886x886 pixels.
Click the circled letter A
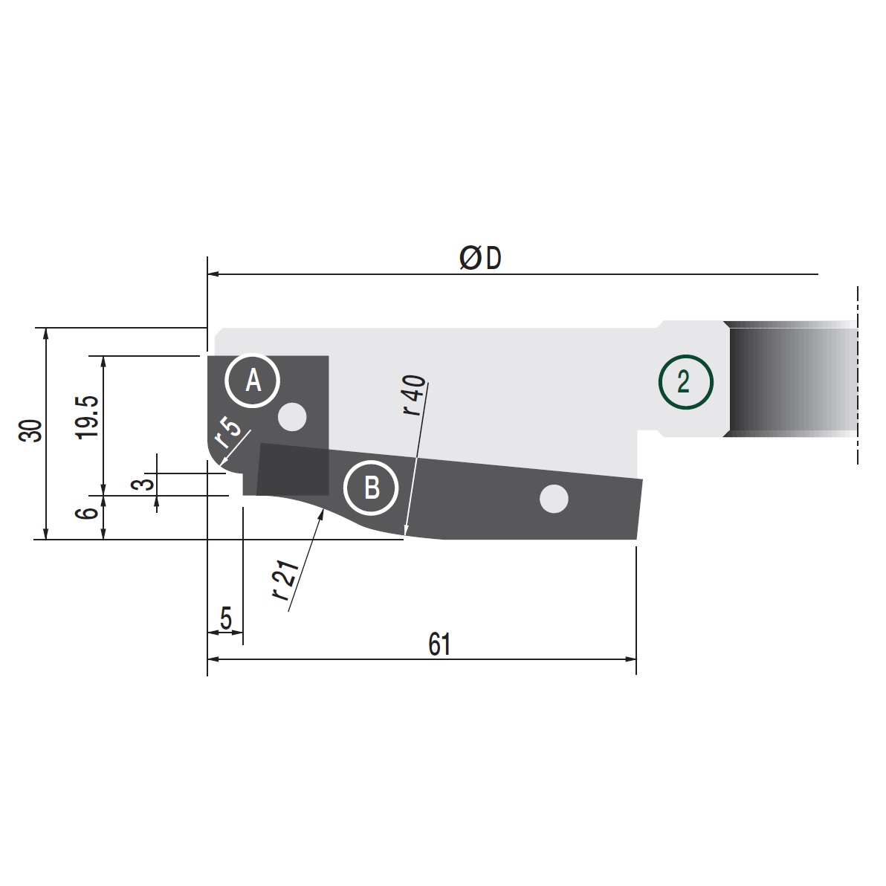point(253,381)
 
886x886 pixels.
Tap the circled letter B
point(371,488)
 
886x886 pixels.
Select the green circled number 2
point(686,382)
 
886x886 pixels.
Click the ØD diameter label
point(480,258)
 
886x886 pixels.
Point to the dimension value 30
point(30,431)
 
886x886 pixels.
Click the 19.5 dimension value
point(88,417)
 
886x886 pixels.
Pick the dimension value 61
point(439,644)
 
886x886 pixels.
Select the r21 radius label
point(285,580)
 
